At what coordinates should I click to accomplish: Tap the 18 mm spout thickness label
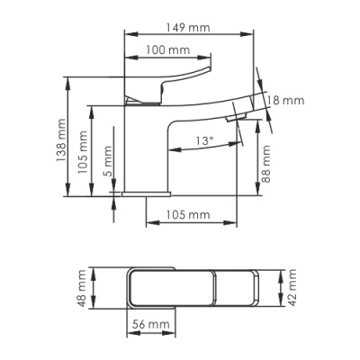pos(287,101)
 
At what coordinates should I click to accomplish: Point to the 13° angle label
pos(203,140)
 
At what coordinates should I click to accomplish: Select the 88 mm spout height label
pos(266,165)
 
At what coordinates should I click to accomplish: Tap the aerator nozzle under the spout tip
pos(236,116)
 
